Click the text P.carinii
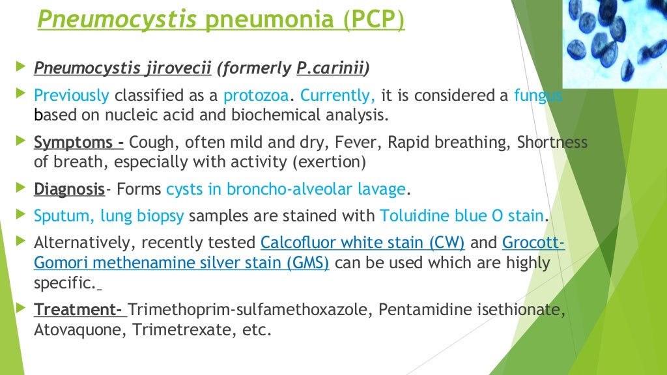[330, 68]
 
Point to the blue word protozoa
[256, 96]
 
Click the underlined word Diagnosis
[69, 189]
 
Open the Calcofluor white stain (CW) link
[362, 243]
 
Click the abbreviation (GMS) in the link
[308, 263]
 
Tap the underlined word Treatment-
[78, 310]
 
